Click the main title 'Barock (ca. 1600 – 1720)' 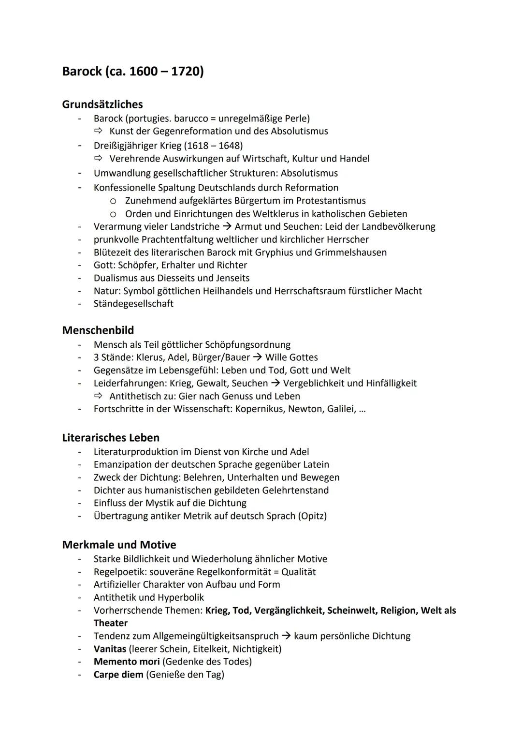click(x=133, y=72)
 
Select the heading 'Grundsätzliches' click(x=102, y=104)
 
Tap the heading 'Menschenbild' click(x=98, y=330)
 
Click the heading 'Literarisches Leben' click(x=111, y=438)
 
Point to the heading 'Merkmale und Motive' click(x=119, y=545)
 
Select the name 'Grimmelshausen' click(x=350, y=252)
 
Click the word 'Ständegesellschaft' click(x=133, y=304)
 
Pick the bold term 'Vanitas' click(x=110, y=649)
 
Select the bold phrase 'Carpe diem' click(x=118, y=675)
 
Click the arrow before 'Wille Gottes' click(x=258, y=358)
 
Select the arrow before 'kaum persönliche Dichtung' click(x=286, y=636)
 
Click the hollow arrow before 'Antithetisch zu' click(x=99, y=396)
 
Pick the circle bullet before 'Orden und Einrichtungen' click(x=113, y=214)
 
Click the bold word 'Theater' click(x=111, y=623)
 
